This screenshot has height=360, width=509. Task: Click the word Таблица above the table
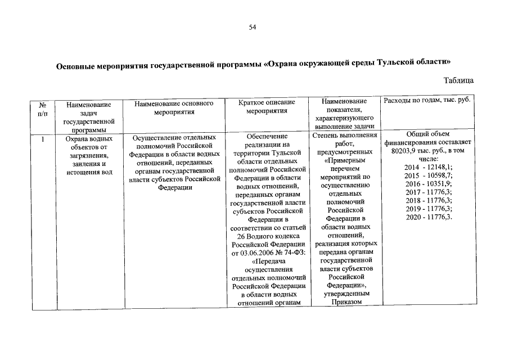coord(458,80)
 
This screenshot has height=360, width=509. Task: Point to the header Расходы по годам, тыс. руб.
coord(427,100)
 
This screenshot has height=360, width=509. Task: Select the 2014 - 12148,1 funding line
coord(428,168)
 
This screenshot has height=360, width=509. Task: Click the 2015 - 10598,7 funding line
coord(428,176)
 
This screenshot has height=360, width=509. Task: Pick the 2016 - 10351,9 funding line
coord(428,184)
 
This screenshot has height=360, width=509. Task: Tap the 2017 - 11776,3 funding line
coord(428,192)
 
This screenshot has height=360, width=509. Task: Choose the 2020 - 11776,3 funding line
coord(428,217)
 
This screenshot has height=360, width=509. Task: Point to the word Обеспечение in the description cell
coord(267,136)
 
